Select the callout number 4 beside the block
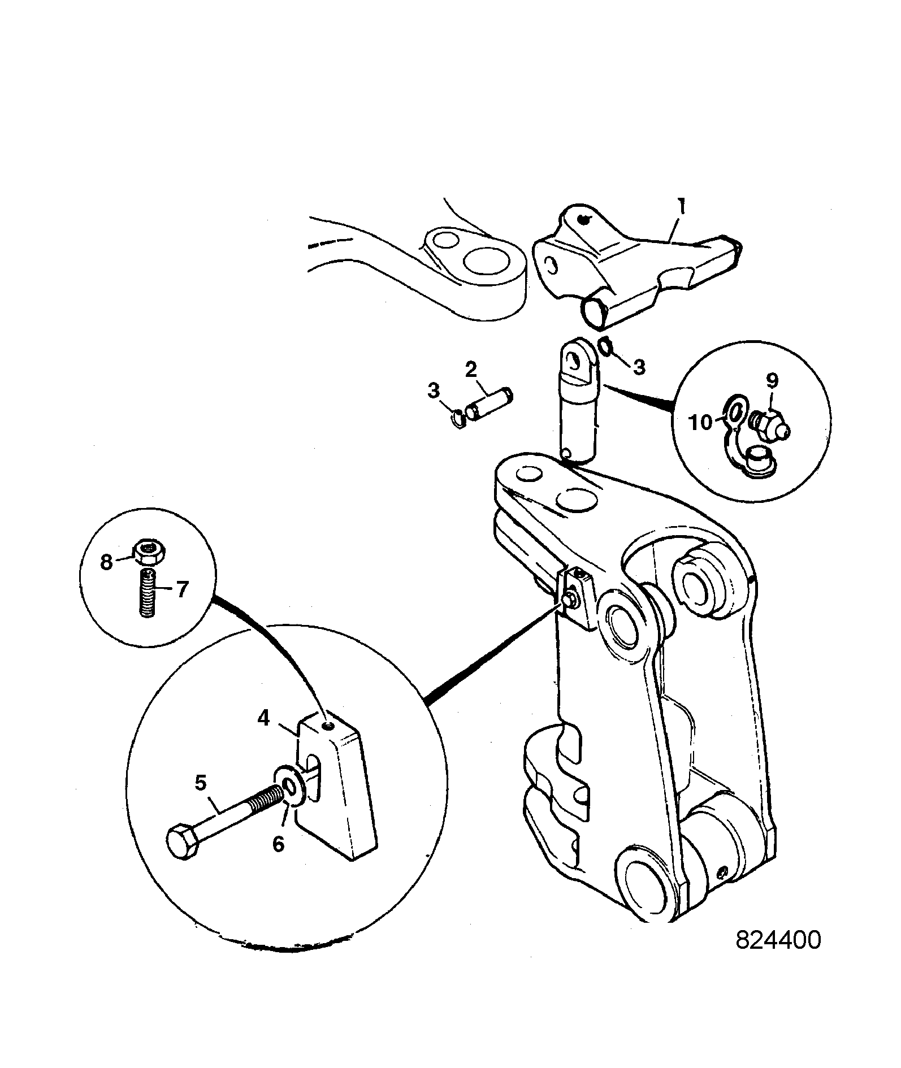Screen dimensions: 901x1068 click(263, 718)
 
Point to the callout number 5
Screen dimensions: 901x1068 click(201, 783)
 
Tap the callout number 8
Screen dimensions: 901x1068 click(107, 563)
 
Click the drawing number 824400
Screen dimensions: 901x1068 click(778, 940)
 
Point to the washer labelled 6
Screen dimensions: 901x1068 click(292, 785)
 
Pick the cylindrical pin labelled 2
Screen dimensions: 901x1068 click(488, 403)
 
